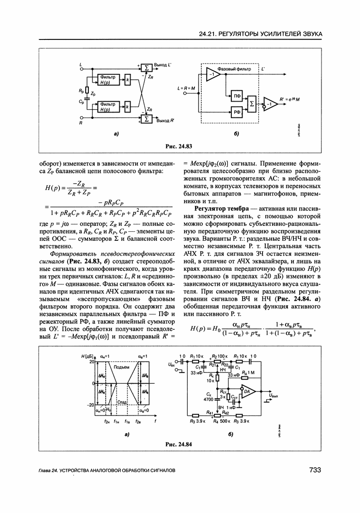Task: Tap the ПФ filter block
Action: tap(236, 96)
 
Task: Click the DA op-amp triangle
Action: tap(248, 391)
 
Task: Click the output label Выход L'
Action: tap(162, 66)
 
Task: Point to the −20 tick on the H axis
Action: tap(91, 405)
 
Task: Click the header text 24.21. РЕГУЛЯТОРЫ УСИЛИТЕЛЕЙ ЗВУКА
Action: tap(261, 34)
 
